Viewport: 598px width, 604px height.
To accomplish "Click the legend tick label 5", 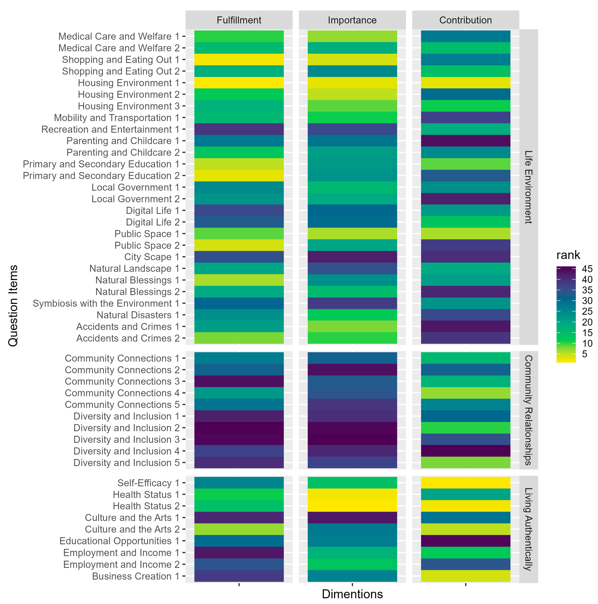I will pos(585,354).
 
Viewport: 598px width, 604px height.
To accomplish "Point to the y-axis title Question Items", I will pos(13,305).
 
